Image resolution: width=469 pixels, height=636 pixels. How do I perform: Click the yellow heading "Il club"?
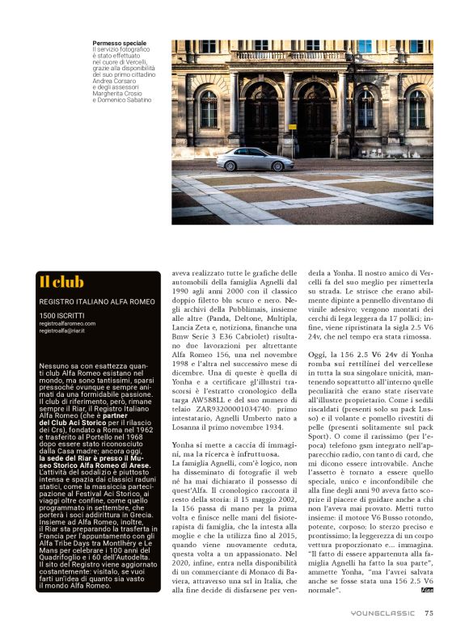click(61, 282)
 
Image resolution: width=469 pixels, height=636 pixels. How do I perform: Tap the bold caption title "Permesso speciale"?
click(120, 42)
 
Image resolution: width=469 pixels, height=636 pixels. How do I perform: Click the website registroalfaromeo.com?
click(67, 323)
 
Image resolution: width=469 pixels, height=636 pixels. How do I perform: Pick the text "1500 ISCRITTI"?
click(61, 314)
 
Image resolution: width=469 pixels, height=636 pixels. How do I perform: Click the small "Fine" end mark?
click(428, 593)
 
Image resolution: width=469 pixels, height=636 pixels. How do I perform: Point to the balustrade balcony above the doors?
click(288, 57)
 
